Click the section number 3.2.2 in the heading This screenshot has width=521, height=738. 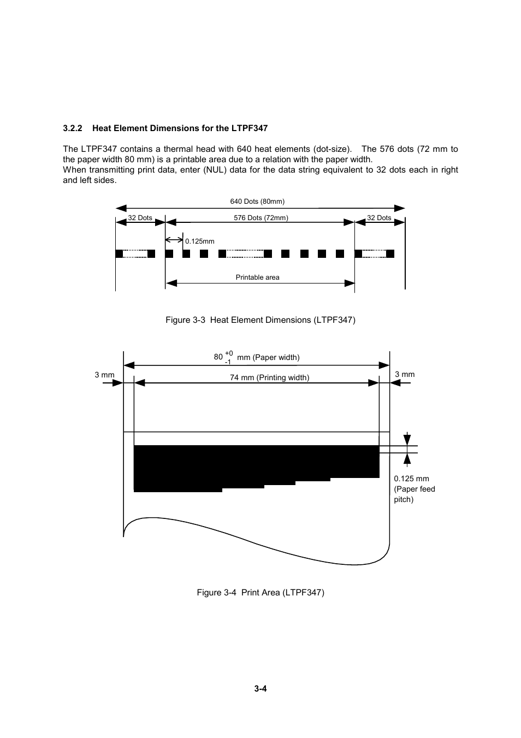point(72,128)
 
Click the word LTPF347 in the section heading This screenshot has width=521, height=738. point(249,128)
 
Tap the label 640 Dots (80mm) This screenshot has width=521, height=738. point(257,202)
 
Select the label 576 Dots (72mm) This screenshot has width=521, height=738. point(260,218)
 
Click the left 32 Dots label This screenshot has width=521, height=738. point(140,218)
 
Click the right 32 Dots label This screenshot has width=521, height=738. point(378,218)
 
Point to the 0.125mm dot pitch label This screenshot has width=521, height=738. point(199,241)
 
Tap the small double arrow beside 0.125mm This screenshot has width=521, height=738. point(174,240)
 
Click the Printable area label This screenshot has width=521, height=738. point(257,278)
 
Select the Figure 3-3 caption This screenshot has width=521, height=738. point(260,320)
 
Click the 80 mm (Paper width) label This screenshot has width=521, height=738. point(257,357)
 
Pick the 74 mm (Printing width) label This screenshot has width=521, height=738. point(269,377)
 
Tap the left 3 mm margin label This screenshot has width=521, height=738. point(104,375)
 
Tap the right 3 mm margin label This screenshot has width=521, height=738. point(405,375)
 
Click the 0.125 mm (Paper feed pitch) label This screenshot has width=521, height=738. point(415,489)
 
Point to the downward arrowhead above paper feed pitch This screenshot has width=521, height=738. point(407,440)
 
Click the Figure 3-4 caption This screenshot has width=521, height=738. point(260,593)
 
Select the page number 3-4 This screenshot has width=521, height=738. point(260,689)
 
